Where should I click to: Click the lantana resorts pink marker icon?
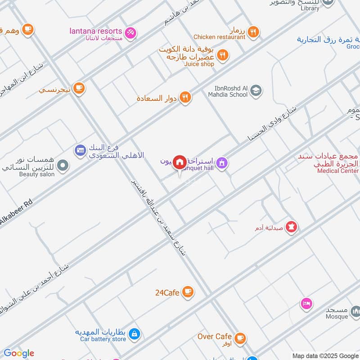(x=130, y=32)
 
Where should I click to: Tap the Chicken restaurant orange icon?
(x=253, y=31)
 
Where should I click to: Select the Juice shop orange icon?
(x=222, y=56)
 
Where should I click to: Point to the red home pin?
(x=180, y=162)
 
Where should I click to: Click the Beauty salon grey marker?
(x=63, y=166)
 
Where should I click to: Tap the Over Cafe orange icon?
(x=240, y=337)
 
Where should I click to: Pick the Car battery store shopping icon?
(x=134, y=334)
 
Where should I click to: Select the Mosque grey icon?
(x=355, y=311)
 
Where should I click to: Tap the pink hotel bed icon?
(x=306, y=304)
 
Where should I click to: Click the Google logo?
(x=18, y=353)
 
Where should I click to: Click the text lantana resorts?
(x=96, y=31)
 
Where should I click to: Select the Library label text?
(x=310, y=8)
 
